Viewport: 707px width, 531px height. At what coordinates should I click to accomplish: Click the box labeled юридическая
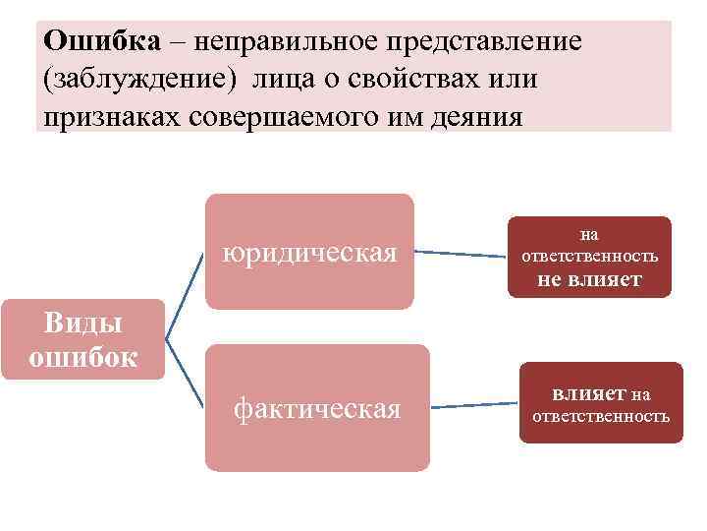pos(309,252)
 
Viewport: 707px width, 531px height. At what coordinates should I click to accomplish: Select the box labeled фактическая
pos(316,407)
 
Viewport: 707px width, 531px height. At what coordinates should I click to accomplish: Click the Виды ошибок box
pos(82,340)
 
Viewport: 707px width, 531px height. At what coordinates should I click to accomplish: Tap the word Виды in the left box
pos(82,323)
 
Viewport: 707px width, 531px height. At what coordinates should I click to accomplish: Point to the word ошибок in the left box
pos(82,356)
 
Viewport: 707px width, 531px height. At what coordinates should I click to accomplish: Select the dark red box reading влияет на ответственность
pos(600,403)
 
